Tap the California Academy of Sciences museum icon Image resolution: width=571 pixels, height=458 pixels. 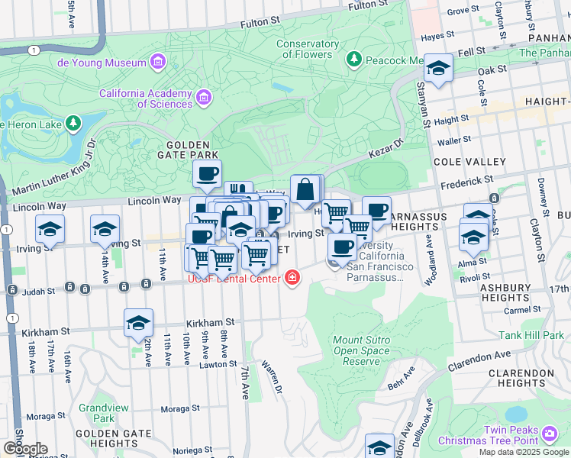click(204, 97)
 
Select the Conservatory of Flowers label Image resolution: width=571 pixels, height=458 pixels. click(308, 49)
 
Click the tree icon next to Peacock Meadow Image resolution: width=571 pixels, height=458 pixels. click(353, 59)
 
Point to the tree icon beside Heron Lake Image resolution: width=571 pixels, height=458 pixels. click(73, 122)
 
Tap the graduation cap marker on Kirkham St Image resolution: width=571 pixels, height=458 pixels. click(138, 324)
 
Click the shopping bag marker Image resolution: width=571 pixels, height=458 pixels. click(305, 189)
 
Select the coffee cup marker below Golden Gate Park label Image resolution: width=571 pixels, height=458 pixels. click(206, 175)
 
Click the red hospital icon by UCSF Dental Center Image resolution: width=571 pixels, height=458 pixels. click(291, 279)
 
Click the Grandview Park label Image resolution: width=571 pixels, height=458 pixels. click(96, 413)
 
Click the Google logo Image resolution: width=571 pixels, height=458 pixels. click(25, 448)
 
